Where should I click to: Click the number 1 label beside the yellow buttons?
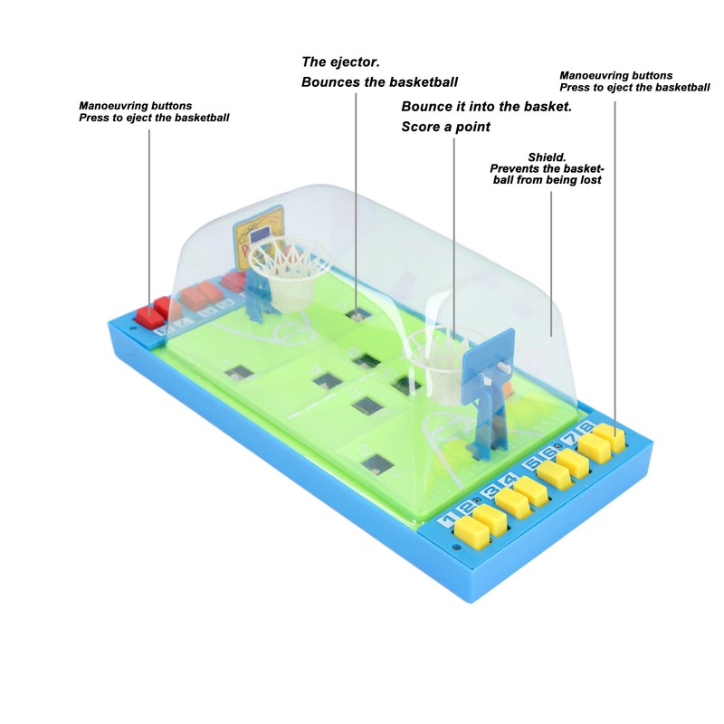click(446, 521)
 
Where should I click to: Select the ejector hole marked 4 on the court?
click(327, 380)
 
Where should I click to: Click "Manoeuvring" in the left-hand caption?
click(114, 106)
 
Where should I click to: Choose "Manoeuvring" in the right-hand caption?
click(595, 76)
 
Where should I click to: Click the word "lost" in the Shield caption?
click(591, 180)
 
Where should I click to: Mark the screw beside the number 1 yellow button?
click(456, 548)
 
